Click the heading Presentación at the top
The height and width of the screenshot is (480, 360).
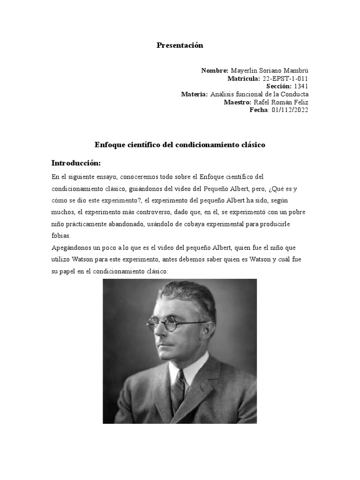click(180, 45)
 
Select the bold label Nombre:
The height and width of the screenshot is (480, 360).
click(215, 70)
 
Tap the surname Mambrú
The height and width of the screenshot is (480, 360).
click(295, 70)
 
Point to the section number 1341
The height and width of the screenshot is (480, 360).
click(301, 86)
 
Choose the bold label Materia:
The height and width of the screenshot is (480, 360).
click(194, 94)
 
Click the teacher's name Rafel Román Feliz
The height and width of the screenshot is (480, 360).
click(281, 102)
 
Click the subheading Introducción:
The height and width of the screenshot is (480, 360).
click(76, 163)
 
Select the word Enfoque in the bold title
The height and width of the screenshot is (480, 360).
click(110, 145)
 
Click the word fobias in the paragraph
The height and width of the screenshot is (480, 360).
click(60, 236)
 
